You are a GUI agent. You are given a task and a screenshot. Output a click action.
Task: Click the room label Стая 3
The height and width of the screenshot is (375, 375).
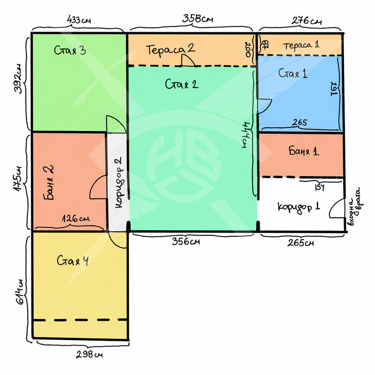point(70,50)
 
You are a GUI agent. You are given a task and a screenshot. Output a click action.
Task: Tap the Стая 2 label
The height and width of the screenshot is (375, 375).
point(182,84)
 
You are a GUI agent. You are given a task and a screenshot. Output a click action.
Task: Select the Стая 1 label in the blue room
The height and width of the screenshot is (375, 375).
point(293,73)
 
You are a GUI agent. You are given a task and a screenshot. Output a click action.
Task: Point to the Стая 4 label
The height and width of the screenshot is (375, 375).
point(73,260)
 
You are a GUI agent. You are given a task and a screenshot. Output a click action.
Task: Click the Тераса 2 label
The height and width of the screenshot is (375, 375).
point(170,50)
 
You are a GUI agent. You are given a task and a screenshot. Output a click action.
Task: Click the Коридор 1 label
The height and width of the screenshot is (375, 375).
point(299,207)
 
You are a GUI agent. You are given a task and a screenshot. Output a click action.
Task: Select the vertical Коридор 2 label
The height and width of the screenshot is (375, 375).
point(119,182)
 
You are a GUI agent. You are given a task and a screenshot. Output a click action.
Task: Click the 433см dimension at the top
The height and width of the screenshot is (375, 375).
point(79,20)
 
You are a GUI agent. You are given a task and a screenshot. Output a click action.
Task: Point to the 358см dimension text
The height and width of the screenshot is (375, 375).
point(197,19)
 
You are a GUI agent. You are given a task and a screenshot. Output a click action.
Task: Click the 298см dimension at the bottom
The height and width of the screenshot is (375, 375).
point(89,354)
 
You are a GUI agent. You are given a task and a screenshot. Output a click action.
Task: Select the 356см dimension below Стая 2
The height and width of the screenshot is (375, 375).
point(186,242)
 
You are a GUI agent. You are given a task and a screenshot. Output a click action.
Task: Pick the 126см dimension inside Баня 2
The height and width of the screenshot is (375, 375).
point(76,219)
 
